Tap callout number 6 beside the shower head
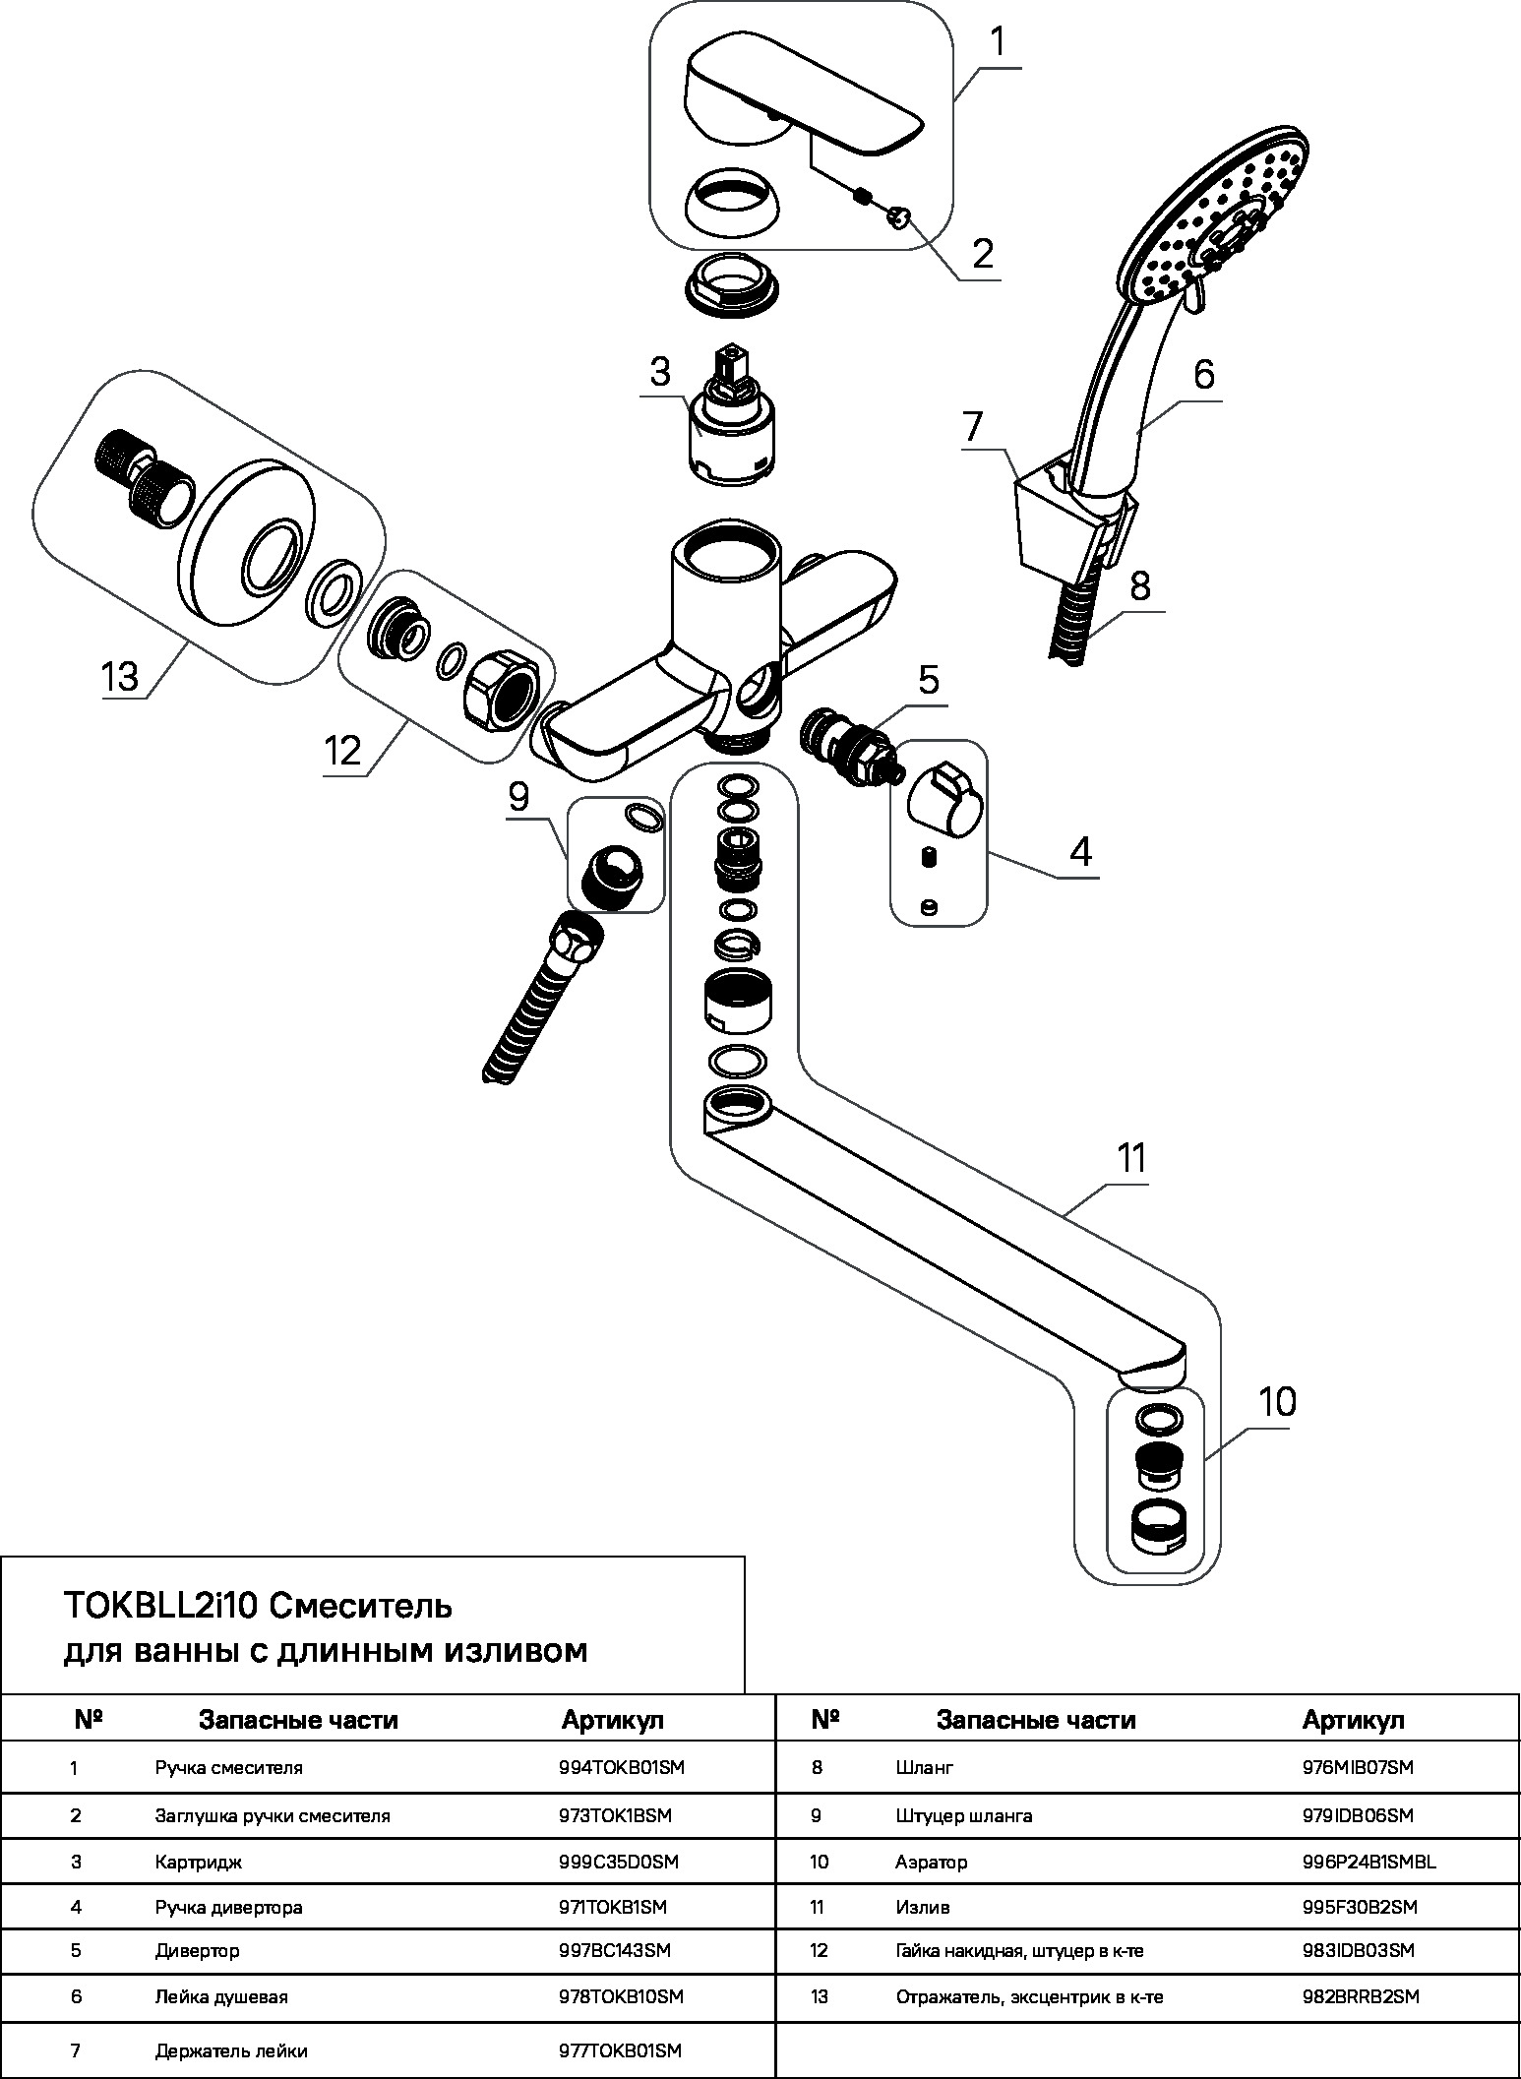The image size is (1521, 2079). tap(1203, 375)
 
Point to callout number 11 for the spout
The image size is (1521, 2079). tap(1131, 1158)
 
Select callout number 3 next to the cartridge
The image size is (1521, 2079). tap(659, 372)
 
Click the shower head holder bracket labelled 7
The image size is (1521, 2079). tap(1058, 518)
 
